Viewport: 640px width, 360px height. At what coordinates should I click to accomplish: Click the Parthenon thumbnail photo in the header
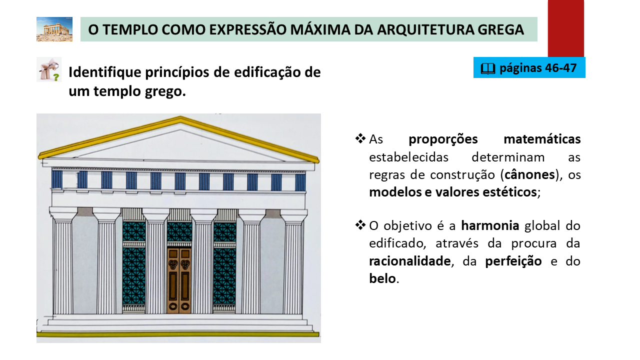54,29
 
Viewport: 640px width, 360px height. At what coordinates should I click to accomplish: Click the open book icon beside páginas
487,68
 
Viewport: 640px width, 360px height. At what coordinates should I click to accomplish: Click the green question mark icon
56,77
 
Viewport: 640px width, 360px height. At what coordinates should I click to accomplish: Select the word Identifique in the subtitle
105,72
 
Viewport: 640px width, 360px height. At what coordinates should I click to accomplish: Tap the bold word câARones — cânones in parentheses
529,174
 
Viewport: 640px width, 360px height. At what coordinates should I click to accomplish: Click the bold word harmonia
490,225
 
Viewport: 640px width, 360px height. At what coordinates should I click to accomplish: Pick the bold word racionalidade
409,261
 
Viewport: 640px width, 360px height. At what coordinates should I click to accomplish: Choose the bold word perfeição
513,261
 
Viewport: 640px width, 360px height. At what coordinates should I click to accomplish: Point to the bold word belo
382,278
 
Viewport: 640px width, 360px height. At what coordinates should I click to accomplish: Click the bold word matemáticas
542,139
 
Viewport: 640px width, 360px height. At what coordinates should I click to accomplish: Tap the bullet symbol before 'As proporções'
360,138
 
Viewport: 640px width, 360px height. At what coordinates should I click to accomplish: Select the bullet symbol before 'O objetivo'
360,225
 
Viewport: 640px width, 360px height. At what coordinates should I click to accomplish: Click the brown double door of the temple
179,280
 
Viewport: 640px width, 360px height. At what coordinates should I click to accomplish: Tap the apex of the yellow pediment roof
180,116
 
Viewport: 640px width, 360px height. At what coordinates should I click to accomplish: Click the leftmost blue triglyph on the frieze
57,179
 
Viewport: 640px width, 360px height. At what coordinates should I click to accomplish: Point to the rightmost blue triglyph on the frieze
300,182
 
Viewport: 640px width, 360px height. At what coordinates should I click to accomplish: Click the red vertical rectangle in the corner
565,28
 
